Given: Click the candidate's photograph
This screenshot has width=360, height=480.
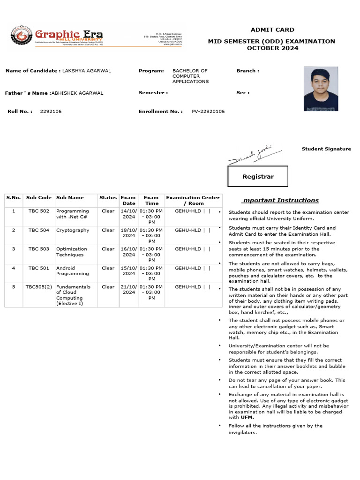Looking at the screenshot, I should [321, 89].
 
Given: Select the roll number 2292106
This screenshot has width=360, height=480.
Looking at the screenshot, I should [51, 112].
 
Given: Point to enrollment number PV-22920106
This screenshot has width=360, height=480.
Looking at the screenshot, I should [208, 112].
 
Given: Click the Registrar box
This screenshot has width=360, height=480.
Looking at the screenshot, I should [258, 176].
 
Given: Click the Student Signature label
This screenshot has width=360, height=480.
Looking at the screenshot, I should [326, 149].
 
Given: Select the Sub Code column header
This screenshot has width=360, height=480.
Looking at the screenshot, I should [39, 198].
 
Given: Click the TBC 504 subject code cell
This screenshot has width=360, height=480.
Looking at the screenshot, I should [39, 230].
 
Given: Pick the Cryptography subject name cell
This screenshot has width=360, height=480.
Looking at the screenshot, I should [73, 230].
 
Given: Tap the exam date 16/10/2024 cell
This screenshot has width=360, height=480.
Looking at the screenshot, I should [128, 252].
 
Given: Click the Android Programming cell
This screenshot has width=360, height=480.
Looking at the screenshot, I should [72, 271].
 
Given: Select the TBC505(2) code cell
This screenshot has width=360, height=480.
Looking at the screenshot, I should [39, 286].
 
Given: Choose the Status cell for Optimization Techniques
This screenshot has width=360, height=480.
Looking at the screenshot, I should [108, 249].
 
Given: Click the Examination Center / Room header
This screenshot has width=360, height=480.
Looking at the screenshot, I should [193, 201].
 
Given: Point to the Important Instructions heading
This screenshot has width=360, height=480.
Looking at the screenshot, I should [280, 200].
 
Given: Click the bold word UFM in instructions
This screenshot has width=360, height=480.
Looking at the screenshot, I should [247, 417].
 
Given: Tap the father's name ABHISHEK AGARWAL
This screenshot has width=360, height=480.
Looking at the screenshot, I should [77, 93].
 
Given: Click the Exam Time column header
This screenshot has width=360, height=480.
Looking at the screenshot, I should [151, 201].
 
